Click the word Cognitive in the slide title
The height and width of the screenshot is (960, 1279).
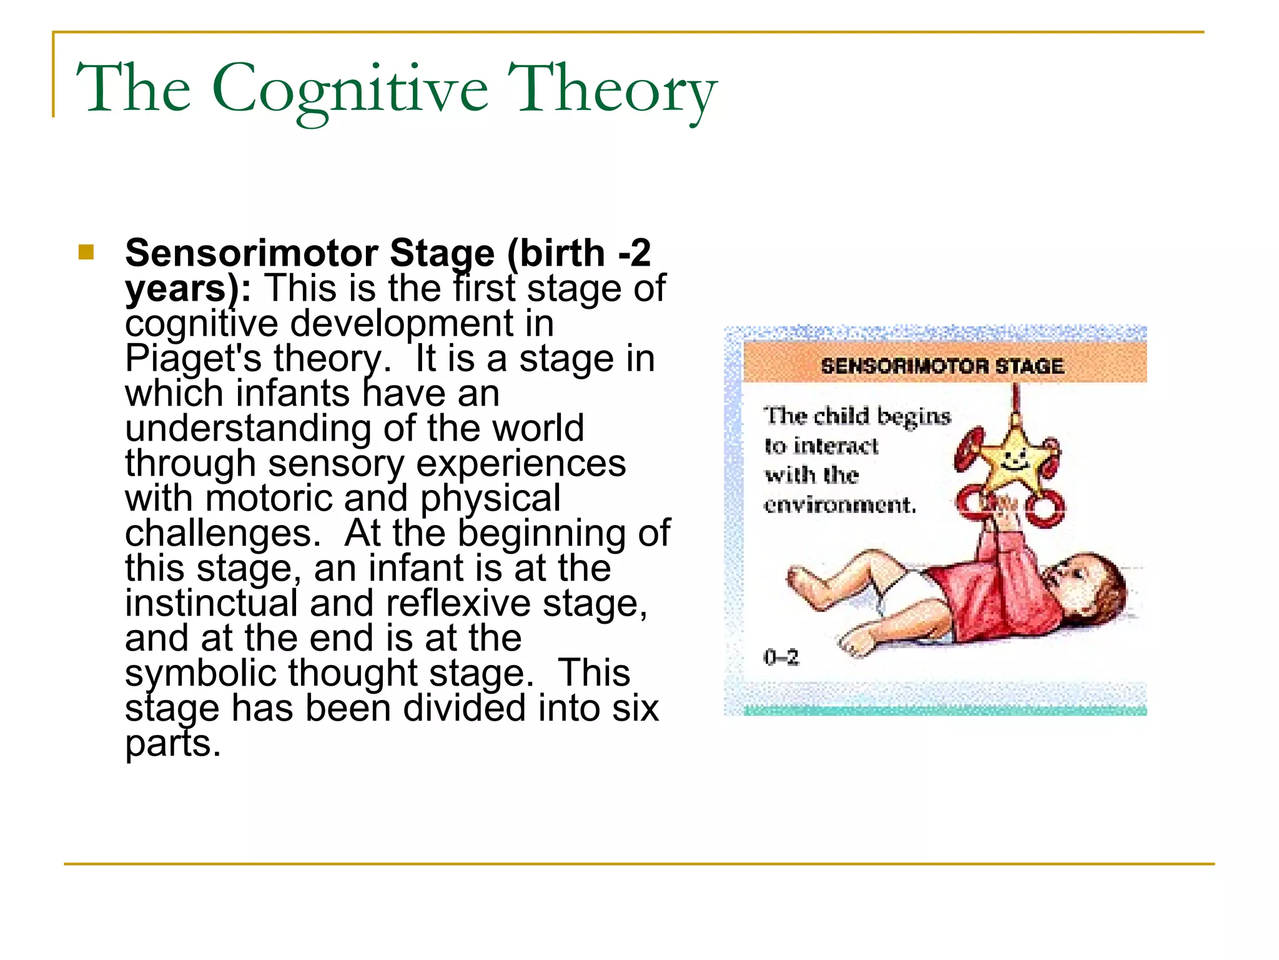pyautogui.click(x=350, y=89)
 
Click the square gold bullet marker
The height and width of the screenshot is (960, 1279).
pyautogui.click(x=86, y=252)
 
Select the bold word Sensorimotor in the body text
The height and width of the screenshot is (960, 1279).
pyautogui.click(x=251, y=253)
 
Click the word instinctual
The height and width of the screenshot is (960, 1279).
pyautogui.click(x=211, y=604)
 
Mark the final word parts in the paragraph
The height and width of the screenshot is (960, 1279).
pyautogui.click(x=173, y=744)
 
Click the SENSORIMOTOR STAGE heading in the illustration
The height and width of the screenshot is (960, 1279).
pyautogui.click(x=942, y=366)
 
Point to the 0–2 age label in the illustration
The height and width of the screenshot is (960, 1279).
pyautogui.click(x=781, y=657)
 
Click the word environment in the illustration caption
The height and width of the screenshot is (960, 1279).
pyautogui.click(x=839, y=504)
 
